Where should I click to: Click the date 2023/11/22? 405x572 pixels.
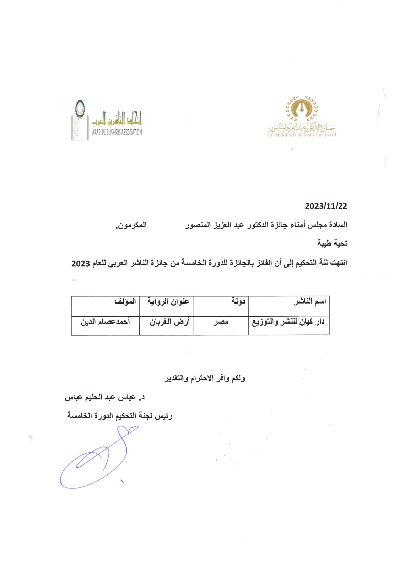click(x=326, y=206)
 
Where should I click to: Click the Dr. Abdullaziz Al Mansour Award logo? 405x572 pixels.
click(x=302, y=117)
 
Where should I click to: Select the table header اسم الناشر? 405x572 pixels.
click(x=310, y=301)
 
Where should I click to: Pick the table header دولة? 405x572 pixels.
click(x=238, y=301)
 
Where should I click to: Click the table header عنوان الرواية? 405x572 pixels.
click(x=168, y=301)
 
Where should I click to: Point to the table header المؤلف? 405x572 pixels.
click(x=125, y=301)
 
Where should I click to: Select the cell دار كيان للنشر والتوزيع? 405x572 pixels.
click(x=288, y=322)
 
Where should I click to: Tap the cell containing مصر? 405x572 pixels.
click(x=221, y=322)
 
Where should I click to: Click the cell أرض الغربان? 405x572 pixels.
click(x=169, y=322)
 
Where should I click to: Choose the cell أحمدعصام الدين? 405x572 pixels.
click(x=105, y=322)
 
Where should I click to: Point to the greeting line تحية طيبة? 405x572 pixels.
click(x=332, y=243)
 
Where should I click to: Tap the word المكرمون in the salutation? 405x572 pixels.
click(x=131, y=225)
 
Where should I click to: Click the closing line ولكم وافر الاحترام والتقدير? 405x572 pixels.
click(x=205, y=378)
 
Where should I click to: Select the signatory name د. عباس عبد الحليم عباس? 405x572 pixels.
click(x=105, y=397)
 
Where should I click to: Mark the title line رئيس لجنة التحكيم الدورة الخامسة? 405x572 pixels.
click(x=120, y=416)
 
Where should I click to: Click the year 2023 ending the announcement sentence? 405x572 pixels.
click(x=81, y=263)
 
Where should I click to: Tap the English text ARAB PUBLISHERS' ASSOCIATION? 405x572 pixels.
click(x=117, y=133)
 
